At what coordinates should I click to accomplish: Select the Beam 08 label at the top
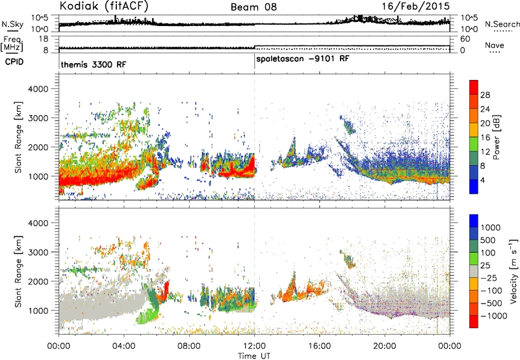point(253,7)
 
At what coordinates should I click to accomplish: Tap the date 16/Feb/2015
point(415,6)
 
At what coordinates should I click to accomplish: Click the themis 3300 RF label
point(94,64)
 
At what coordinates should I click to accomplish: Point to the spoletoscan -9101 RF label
point(303,59)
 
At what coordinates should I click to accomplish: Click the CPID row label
point(14,62)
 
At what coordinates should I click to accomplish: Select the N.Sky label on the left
point(12,25)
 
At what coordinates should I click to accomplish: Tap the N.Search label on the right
point(502,24)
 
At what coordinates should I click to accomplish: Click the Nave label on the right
point(495,45)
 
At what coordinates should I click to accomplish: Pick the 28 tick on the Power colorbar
point(485,95)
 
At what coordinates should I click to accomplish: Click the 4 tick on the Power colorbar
point(482,181)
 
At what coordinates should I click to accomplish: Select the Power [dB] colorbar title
point(496,137)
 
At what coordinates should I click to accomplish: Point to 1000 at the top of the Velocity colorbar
point(490,227)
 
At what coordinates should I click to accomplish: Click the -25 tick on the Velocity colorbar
point(488,278)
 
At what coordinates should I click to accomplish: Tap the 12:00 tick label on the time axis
point(255,346)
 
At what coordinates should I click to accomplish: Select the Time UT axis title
point(254,356)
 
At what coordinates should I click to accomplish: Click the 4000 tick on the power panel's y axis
point(38,89)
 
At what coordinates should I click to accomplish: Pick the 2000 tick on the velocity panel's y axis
point(38,281)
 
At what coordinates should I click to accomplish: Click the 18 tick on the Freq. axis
point(44,39)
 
